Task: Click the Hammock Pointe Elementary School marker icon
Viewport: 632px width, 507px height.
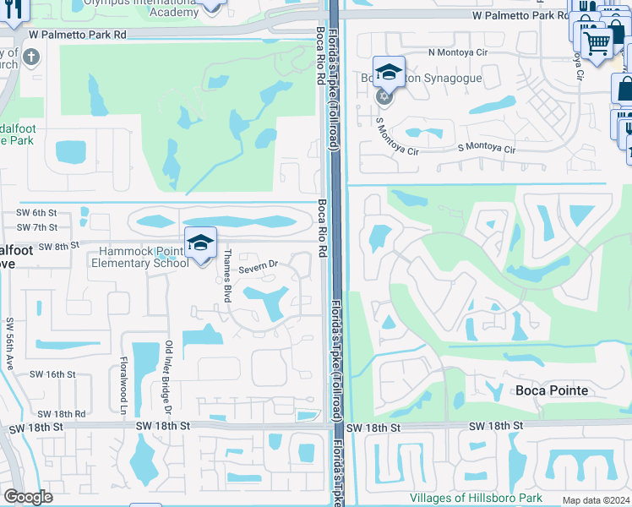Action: (x=201, y=243)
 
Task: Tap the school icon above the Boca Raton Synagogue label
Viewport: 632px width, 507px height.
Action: (x=388, y=73)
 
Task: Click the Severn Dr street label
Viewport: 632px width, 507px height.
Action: (x=258, y=269)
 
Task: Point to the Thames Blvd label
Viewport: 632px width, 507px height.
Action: (x=226, y=276)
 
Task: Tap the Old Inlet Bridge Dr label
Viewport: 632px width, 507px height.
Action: (x=169, y=377)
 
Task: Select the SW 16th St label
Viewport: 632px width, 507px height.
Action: (x=52, y=373)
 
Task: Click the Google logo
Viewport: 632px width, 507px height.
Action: (x=29, y=497)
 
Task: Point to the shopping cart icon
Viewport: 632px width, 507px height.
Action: (x=597, y=42)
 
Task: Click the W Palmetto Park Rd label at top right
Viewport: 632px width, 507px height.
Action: (x=520, y=16)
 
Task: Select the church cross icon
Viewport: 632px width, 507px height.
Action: (x=31, y=58)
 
